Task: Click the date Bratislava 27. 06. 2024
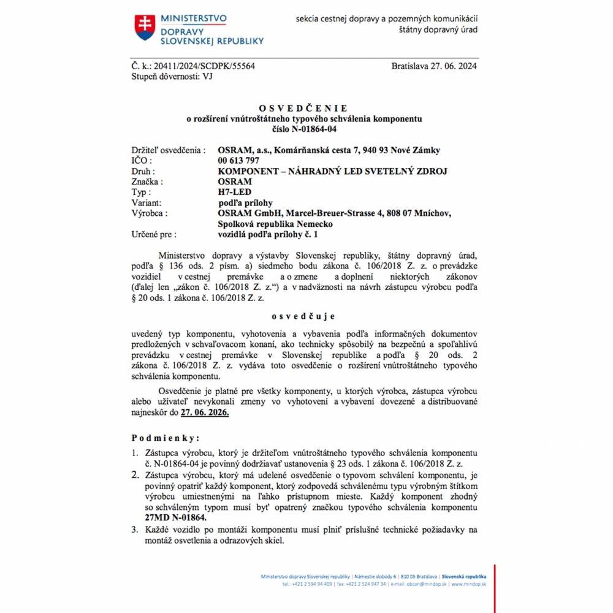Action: pyautogui.click(x=434, y=66)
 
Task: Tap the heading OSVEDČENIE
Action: pyautogui.click(x=303, y=109)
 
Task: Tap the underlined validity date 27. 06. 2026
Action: pyautogui.click(x=205, y=413)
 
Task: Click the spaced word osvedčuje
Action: pyautogui.click(x=303, y=316)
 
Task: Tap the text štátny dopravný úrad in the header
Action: pyautogui.click(x=438, y=29)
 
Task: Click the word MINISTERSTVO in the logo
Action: pyautogui.click(x=193, y=18)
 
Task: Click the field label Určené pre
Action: pyautogui.click(x=154, y=234)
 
